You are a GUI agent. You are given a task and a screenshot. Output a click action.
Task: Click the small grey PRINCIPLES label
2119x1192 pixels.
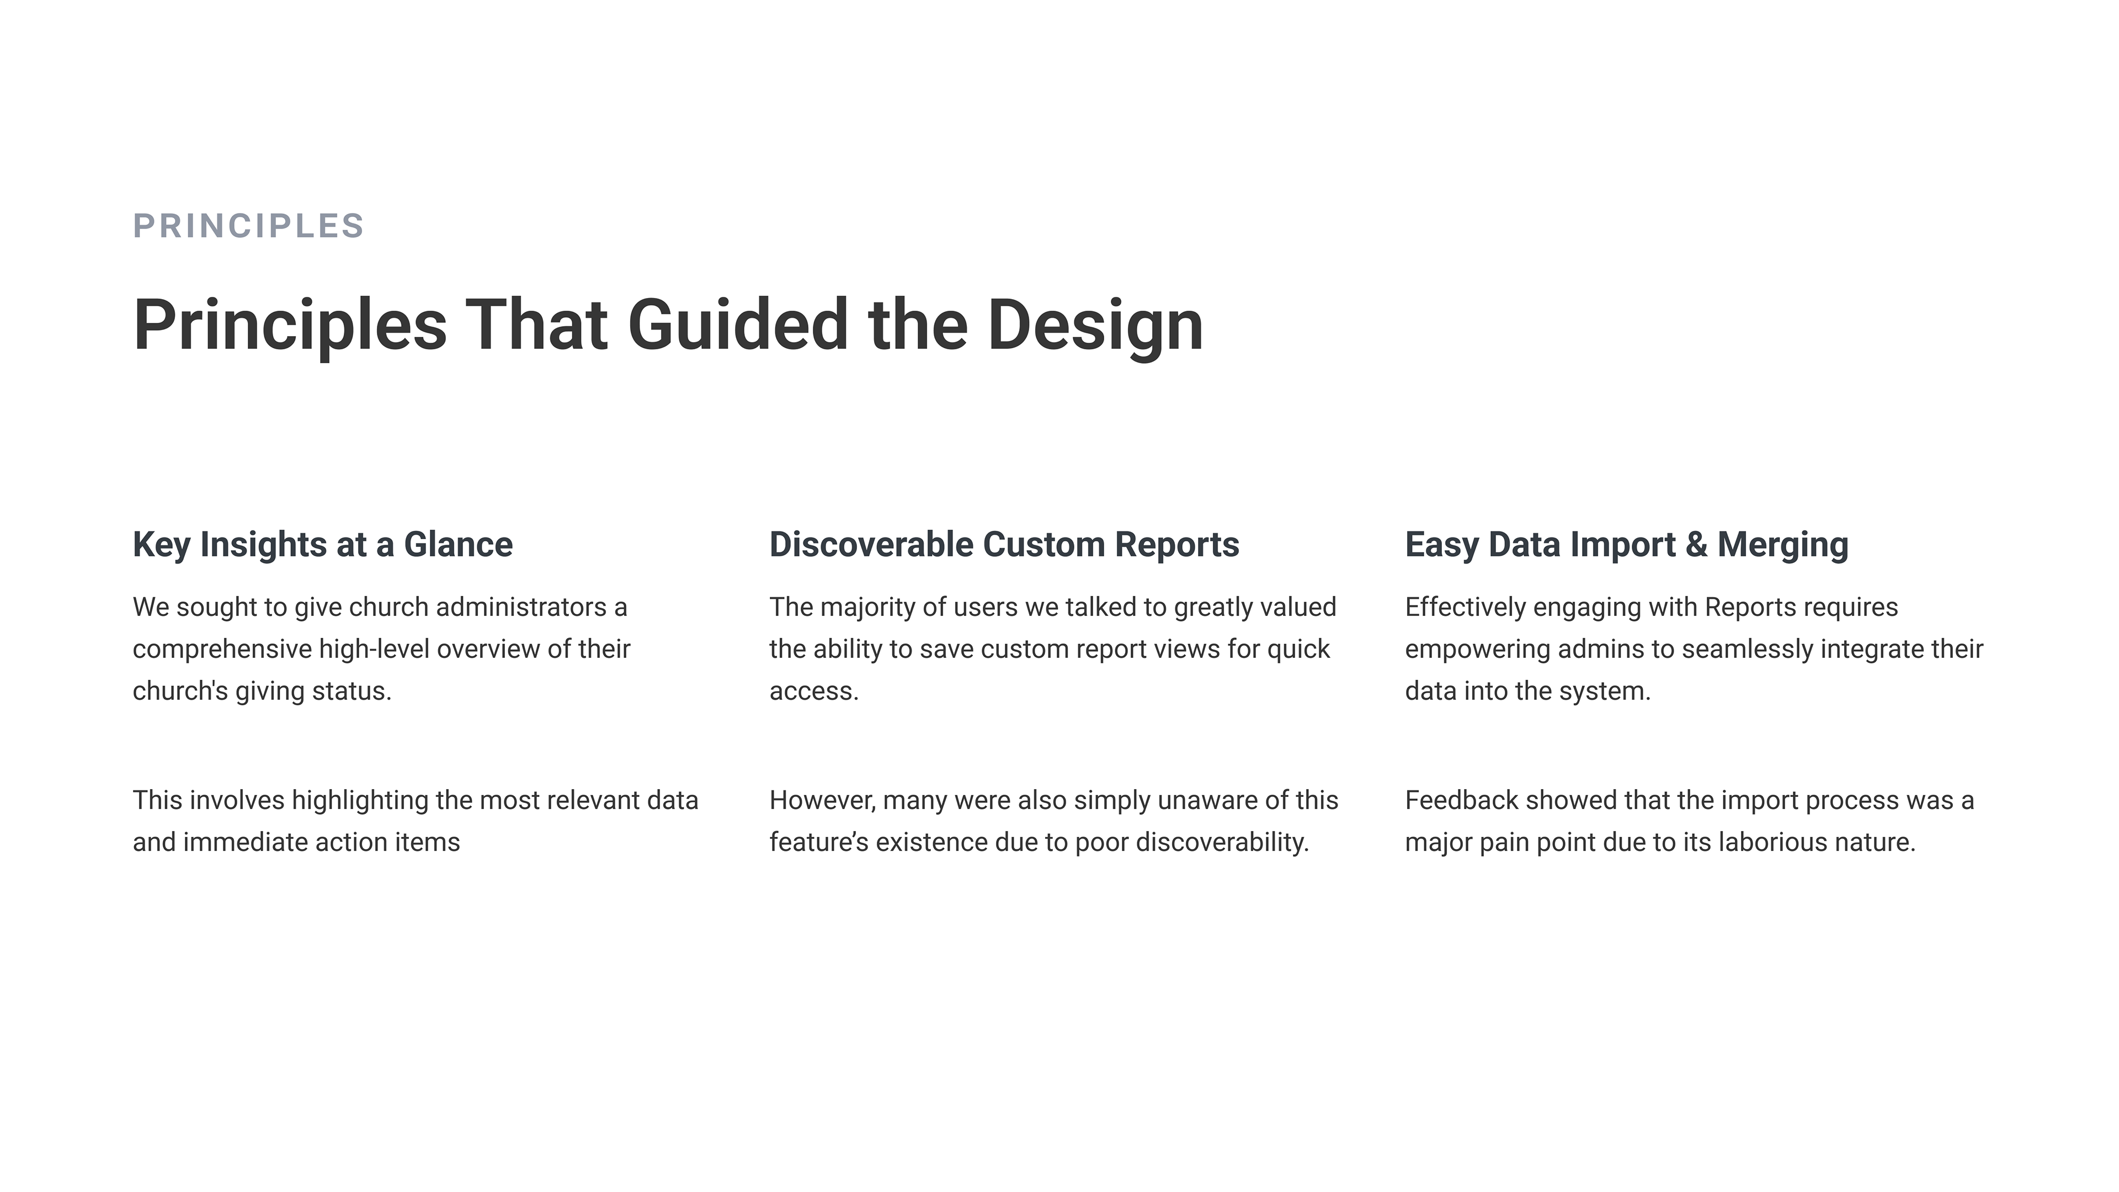click(x=248, y=225)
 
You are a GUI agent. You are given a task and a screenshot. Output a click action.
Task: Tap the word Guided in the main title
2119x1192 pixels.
click(x=738, y=325)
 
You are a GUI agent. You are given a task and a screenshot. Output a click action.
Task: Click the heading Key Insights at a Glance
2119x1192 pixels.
click(x=322, y=545)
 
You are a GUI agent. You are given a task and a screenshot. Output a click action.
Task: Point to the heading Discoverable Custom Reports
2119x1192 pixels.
click(x=1004, y=545)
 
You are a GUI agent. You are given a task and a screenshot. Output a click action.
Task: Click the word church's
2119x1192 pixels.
click(x=180, y=691)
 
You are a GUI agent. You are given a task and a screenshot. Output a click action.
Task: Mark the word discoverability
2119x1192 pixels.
click(x=1222, y=842)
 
